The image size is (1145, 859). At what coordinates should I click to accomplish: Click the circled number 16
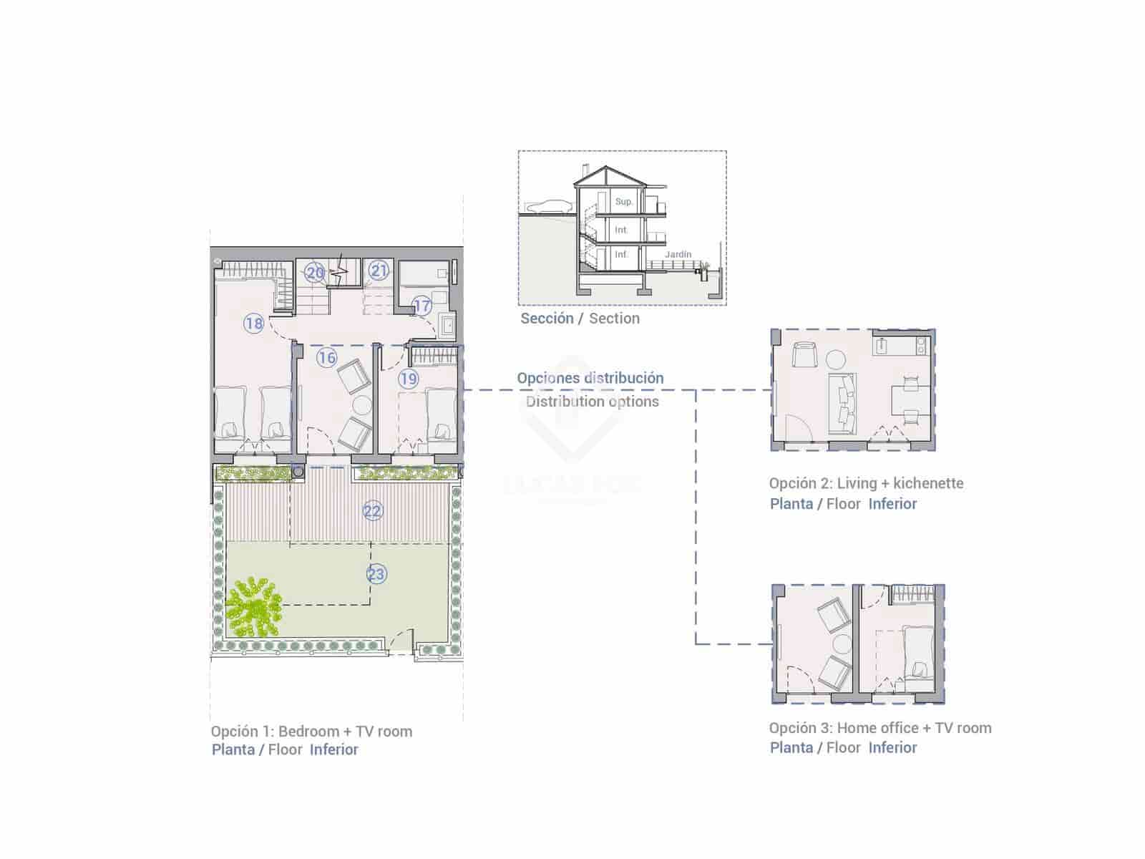pyautogui.click(x=327, y=358)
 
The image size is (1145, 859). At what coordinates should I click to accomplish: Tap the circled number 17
pyautogui.click(x=422, y=306)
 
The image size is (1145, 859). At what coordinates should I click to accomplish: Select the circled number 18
pyautogui.click(x=254, y=324)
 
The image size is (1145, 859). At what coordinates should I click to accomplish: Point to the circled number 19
pyautogui.click(x=409, y=379)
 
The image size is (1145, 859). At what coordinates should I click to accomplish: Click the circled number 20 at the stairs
pyautogui.click(x=315, y=273)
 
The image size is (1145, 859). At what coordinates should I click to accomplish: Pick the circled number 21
pyautogui.click(x=379, y=271)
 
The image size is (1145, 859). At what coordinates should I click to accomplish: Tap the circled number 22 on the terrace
pyautogui.click(x=373, y=511)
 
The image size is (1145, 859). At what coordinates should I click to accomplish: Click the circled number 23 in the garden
pyautogui.click(x=376, y=573)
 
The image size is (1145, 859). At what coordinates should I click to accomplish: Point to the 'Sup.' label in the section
pyautogui.click(x=624, y=202)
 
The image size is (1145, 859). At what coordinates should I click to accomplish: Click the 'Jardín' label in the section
pyautogui.click(x=678, y=254)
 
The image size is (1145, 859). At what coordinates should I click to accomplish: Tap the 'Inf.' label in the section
pyautogui.click(x=621, y=254)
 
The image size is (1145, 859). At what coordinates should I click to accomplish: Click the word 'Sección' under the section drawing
pyautogui.click(x=547, y=319)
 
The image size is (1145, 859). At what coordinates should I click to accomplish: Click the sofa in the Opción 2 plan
pyautogui.click(x=843, y=403)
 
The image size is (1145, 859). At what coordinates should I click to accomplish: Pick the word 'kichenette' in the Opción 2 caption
pyautogui.click(x=928, y=483)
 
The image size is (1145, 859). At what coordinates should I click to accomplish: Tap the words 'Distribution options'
pyautogui.click(x=593, y=402)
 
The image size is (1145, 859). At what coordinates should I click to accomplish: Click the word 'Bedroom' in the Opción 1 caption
pyautogui.click(x=308, y=732)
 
